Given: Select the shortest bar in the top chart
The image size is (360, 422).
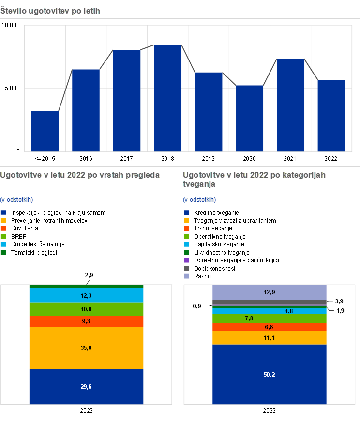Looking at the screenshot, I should (45, 131).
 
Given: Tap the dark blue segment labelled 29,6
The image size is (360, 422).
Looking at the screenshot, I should (86, 386).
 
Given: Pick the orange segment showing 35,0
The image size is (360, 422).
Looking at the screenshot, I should (86, 348).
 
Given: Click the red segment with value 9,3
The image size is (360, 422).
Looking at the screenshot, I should (86, 321).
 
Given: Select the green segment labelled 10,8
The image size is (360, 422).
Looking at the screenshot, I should (86, 309).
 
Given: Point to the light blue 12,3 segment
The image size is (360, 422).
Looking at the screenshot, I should (86, 295).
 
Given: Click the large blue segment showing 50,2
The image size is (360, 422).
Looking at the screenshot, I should (270, 374).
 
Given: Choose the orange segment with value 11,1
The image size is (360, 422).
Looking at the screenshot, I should (270, 338).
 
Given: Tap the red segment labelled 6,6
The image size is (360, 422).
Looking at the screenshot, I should (270, 327).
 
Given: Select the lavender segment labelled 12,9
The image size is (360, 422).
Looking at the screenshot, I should (270, 292).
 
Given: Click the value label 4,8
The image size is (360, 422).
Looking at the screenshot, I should (288, 311).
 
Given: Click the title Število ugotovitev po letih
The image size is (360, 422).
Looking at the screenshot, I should (50, 11).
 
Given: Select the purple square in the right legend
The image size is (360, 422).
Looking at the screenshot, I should (187, 260).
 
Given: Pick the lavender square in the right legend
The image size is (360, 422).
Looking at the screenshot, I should (187, 276).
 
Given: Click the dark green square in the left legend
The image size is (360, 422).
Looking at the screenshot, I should (3, 252).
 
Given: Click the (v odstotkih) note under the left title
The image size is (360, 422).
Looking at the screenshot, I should (17, 200).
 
